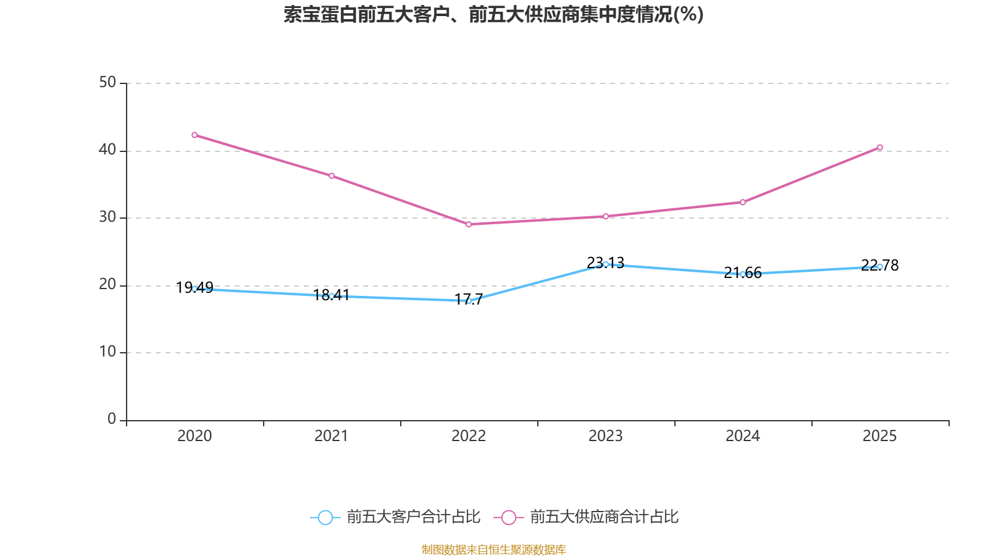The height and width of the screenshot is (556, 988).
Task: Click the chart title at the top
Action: [493, 14]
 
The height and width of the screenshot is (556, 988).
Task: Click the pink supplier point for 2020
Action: [195, 135]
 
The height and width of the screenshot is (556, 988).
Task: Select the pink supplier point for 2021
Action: [332, 176]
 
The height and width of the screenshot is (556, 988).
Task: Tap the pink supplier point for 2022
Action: [469, 224]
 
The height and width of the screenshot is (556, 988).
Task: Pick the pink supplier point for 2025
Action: [880, 148]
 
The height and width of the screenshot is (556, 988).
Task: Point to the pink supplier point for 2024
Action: [743, 202]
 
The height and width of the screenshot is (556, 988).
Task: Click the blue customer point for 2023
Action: [606, 264]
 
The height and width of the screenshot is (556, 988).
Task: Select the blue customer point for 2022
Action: [469, 301]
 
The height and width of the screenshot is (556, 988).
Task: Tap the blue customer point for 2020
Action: [195, 289]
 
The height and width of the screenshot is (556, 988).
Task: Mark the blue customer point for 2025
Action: [880, 267]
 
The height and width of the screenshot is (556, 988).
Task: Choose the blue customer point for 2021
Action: [332, 296]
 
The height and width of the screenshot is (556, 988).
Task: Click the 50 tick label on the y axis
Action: [107, 82]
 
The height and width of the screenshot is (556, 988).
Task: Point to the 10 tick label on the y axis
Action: [107, 352]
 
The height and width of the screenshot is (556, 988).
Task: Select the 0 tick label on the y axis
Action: [112, 419]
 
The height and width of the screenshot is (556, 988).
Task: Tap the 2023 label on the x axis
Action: [606, 436]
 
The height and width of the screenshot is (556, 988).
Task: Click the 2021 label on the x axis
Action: [332, 436]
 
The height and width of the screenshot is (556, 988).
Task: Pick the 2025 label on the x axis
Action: [880, 436]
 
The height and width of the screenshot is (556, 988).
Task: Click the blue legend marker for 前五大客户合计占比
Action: [325, 517]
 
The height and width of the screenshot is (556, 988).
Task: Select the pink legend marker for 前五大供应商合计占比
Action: [508, 517]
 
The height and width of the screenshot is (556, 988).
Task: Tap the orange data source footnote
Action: [493, 549]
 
